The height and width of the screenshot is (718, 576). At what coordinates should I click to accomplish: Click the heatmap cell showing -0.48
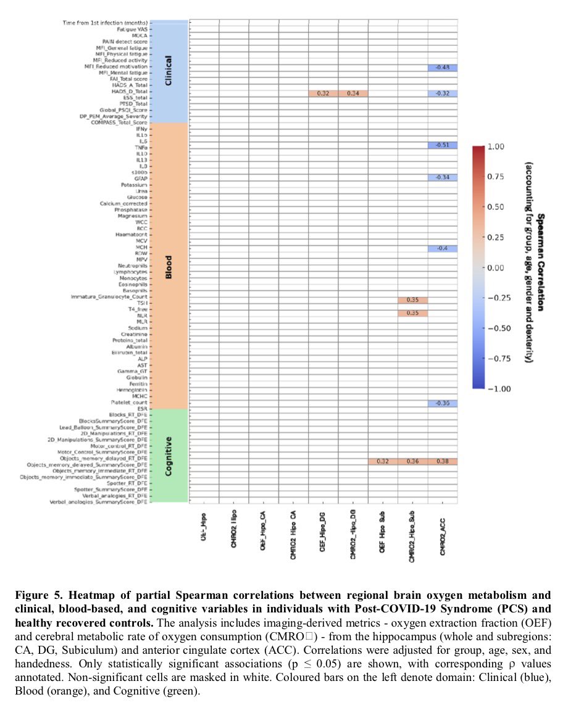pyautogui.click(x=442, y=67)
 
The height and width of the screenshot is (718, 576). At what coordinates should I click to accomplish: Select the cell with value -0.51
pyautogui.click(x=442, y=145)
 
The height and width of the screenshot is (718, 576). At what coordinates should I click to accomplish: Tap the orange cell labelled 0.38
pyautogui.click(x=442, y=462)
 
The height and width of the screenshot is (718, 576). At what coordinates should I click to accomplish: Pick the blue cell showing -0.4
pyautogui.click(x=442, y=248)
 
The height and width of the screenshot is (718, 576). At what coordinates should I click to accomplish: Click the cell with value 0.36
pyautogui.click(x=412, y=462)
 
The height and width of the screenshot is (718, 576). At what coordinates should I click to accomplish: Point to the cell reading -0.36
pyautogui.click(x=442, y=404)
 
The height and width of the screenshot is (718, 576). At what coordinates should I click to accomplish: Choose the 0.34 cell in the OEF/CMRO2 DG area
pyautogui.click(x=353, y=93)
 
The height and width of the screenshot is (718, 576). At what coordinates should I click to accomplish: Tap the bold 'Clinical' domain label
pyautogui.click(x=169, y=71)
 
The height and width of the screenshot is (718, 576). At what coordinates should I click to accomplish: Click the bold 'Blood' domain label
pyautogui.click(x=169, y=266)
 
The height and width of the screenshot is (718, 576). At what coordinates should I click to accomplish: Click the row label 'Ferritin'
pyautogui.click(x=136, y=384)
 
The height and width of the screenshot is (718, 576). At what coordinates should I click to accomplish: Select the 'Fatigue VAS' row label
pyautogui.click(x=132, y=29)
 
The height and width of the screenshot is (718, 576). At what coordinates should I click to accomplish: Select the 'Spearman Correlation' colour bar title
pyautogui.click(x=541, y=262)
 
